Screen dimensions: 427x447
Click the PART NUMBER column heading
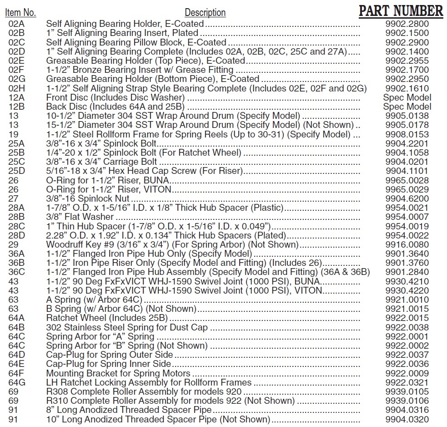[401, 11]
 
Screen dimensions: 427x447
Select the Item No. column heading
[20, 12]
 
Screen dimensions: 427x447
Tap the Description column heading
[205, 13]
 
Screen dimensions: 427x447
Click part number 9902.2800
[407, 24]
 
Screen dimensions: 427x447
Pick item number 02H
[16, 88]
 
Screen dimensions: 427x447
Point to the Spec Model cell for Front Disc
[407, 97]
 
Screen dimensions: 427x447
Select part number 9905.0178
[407, 125]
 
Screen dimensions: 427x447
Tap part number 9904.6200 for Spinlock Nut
[407, 199]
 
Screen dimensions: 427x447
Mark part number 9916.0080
[407, 244]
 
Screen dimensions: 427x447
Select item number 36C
[16, 272]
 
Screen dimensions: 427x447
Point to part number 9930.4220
[407, 290]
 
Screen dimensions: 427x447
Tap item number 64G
[17, 382]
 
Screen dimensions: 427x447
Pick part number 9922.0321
[407, 382]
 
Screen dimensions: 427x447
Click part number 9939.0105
[407, 391]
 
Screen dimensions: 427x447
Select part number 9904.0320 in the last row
[407, 419]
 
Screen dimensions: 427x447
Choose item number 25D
[16, 171]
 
